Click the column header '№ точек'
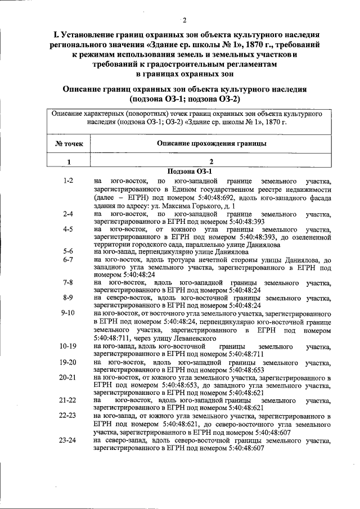point(69,143)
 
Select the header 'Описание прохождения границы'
point(211,143)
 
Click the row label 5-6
point(69,251)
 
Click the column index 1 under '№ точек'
point(69,162)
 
